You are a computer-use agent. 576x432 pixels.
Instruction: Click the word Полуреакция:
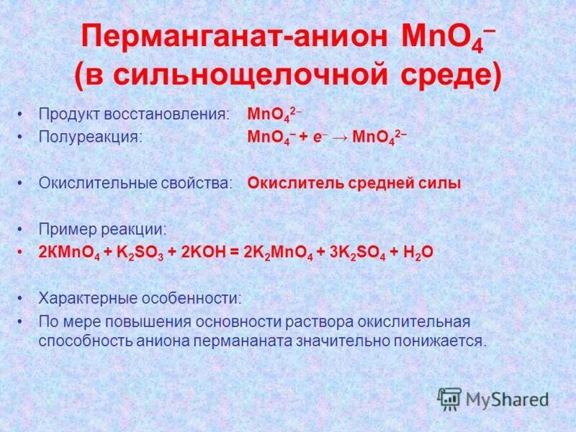click(x=90, y=137)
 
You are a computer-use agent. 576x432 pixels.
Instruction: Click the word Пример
click(x=66, y=229)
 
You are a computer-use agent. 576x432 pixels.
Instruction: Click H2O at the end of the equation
click(x=415, y=253)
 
